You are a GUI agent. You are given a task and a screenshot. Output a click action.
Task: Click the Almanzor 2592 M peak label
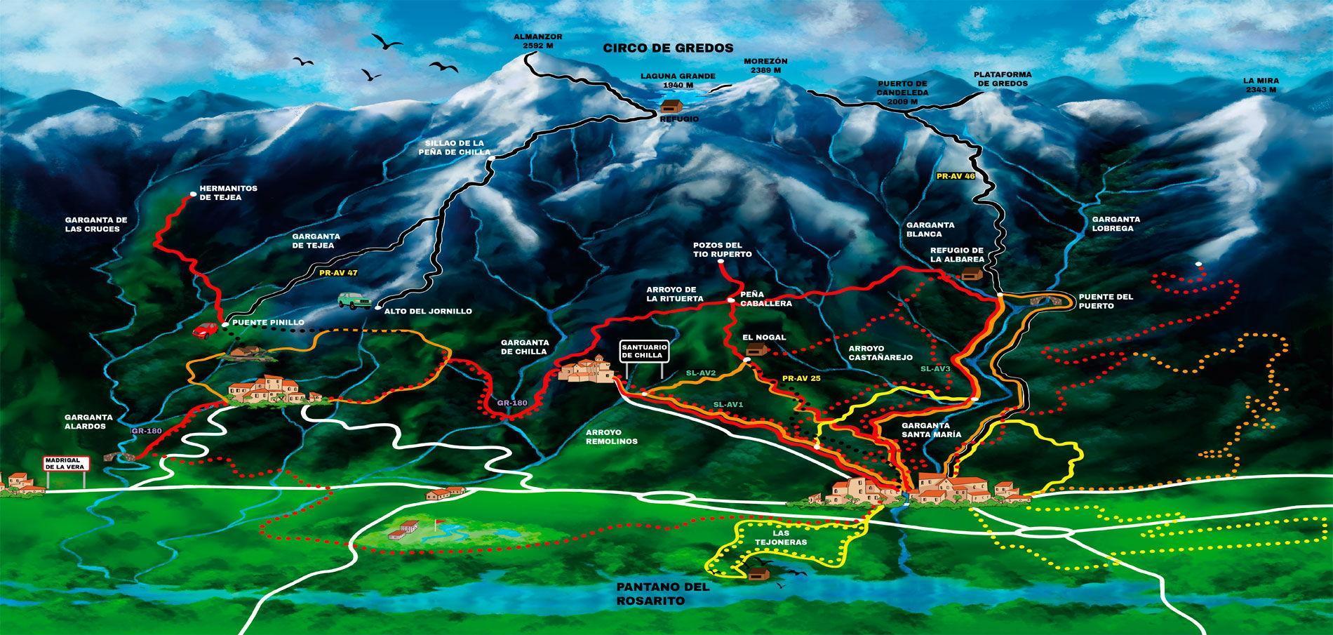tap(538, 41)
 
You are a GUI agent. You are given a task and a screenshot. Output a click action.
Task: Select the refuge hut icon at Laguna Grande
tap(671, 106)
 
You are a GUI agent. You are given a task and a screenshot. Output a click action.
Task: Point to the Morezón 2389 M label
tap(765, 66)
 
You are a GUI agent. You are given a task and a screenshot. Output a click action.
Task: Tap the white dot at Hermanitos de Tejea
tap(192, 194)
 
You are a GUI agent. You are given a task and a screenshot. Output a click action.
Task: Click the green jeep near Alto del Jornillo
tap(353, 300)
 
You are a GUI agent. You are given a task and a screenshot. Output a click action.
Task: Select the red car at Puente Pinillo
tap(206, 329)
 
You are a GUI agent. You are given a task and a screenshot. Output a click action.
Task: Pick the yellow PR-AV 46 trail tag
tap(956, 176)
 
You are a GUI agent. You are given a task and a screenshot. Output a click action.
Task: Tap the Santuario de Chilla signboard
tap(643, 352)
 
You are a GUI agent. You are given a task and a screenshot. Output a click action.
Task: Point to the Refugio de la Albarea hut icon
tap(971, 274)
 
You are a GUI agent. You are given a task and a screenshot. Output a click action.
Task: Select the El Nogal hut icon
tap(756, 349)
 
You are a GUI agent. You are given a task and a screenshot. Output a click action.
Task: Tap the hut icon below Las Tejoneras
tap(756, 573)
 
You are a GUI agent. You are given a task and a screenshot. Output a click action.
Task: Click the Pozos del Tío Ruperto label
tap(722, 249)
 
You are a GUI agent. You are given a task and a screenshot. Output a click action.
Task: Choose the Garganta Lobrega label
tap(1116, 223)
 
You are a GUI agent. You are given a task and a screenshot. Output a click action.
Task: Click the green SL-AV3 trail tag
tap(935, 368)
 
